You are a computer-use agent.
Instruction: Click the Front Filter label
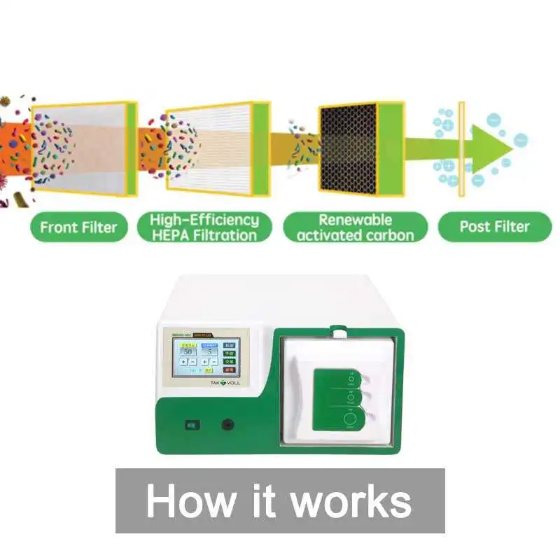click(78, 227)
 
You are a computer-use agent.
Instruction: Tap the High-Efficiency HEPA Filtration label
click(204, 227)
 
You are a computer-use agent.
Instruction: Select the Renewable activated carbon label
click(355, 227)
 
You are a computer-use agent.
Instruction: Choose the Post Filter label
click(494, 227)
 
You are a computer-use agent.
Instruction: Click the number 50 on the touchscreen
click(188, 351)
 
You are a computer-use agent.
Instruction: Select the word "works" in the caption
click(349, 501)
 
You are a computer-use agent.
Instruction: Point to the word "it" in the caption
click(260, 501)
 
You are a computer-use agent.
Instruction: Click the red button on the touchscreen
click(229, 370)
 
